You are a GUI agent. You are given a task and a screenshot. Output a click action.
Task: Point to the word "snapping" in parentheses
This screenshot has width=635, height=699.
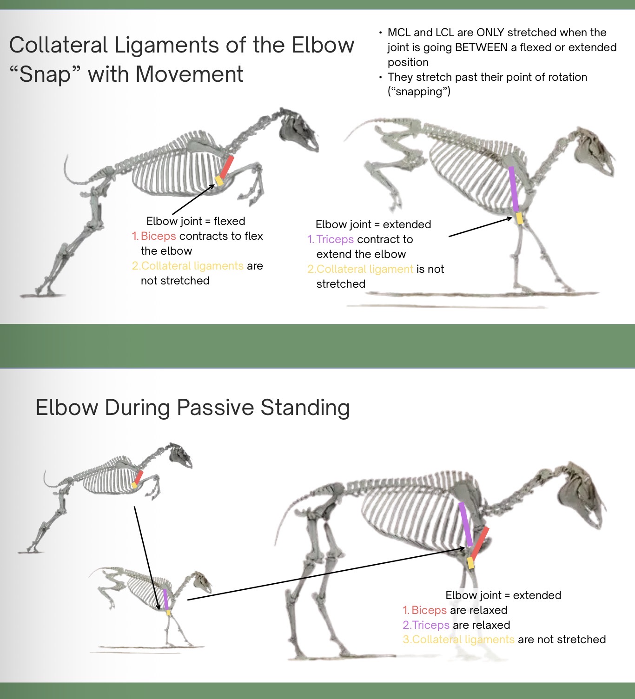(x=419, y=92)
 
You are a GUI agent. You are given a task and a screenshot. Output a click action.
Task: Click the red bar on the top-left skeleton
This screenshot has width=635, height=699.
(x=226, y=167)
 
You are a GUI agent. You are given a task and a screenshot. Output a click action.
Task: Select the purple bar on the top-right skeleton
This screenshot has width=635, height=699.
(x=514, y=189)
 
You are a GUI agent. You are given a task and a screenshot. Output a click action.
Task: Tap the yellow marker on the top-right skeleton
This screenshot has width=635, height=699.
(x=520, y=218)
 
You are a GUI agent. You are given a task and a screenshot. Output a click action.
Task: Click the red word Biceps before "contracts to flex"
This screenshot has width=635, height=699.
(x=158, y=236)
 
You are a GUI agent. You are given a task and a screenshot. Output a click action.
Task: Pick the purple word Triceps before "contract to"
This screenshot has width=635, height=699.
(x=335, y=239)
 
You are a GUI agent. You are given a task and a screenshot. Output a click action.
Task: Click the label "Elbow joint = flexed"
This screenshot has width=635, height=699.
(x=196, y=221)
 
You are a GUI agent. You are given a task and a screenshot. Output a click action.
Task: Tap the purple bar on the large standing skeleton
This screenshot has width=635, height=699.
(x=466, y=524)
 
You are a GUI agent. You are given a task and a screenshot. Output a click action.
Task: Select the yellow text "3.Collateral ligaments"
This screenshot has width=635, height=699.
(x=458, y=640)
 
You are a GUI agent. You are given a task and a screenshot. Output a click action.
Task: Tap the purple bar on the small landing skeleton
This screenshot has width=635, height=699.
(x=165, y=599)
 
